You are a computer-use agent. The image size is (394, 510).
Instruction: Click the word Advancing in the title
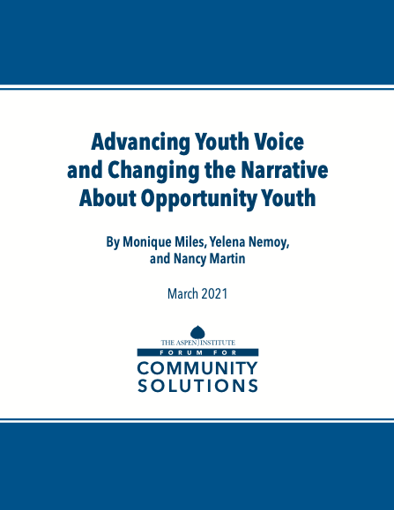(x=140, y=142)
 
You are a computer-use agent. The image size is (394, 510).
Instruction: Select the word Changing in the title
(x=152, y=170)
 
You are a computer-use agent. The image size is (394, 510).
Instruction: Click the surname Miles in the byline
(x=190, y=242)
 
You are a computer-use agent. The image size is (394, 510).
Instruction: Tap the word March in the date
(x=182, y=293)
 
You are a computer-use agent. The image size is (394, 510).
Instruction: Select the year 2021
(x=214, y=293)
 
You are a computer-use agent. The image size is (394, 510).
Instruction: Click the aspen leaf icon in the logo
(x=197, y=332)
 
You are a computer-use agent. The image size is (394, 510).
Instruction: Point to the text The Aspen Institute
(x=197, y=343)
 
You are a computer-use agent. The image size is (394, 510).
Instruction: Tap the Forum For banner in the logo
(x=197, y=352)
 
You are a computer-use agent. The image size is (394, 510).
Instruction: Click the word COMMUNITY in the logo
(x=197, y=368)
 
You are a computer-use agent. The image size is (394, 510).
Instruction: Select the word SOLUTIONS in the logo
(x=197, y=386)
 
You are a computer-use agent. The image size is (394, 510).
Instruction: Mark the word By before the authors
(x=113, y=242)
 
